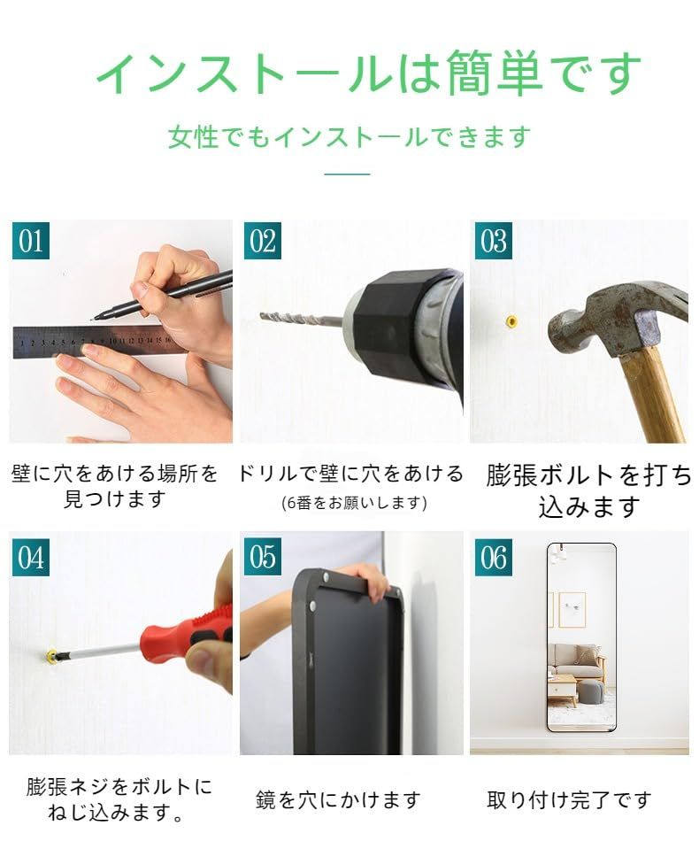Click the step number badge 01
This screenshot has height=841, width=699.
(31, 241)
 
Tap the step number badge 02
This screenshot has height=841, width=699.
(262, 241)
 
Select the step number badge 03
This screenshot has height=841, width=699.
(493, 241)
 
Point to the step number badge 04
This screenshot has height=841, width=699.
(31, 558)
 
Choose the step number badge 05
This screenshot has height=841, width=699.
(262, 558)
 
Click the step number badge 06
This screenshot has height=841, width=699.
(493, 558)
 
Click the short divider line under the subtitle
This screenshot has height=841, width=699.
(347, 174)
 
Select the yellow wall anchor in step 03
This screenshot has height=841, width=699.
(511, 320)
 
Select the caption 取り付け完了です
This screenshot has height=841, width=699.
(569, 800)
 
